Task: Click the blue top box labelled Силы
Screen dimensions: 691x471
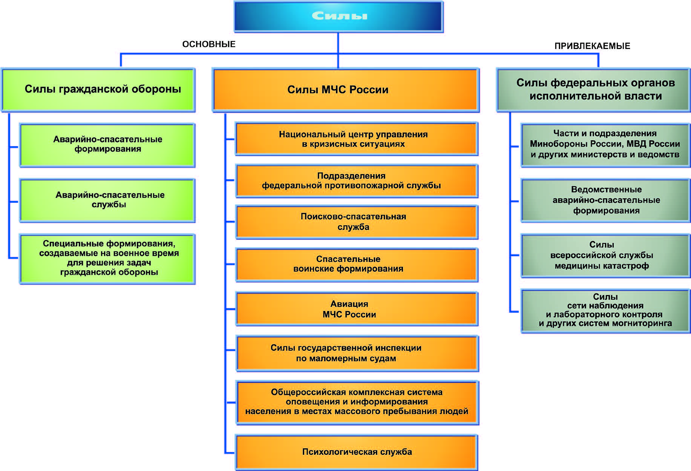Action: click(339, 17)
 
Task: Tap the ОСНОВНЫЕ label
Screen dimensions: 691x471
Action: click(209, 44)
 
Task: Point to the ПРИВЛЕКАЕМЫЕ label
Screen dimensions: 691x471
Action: click(592, 46)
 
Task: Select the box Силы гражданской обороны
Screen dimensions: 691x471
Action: click(98, 90)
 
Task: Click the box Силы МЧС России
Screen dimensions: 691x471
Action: click(346, 90)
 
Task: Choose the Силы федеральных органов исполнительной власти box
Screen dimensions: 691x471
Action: click(593, 90)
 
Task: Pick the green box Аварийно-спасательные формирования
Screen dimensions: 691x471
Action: click(107, 145)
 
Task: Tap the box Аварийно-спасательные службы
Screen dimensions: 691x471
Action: click(107, 200)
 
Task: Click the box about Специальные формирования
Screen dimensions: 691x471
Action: click(107, 259)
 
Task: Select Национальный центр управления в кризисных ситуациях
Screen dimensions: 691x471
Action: click(357, 139)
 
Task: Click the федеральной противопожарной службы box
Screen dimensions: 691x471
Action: click(357, 181)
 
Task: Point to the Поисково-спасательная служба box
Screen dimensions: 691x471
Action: click(357, 222)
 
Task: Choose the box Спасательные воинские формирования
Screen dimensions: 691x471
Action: click(357, 265)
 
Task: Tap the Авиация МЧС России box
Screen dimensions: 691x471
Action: click(357, 309)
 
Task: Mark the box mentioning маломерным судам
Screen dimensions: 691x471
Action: click(357, 353)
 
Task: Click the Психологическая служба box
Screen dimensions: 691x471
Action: click(357, 452)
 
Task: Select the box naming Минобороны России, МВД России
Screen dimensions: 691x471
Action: click(605, 145)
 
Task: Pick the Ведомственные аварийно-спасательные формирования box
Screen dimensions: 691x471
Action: click(605, 200)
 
